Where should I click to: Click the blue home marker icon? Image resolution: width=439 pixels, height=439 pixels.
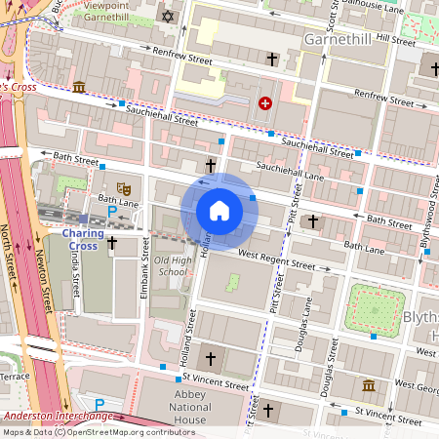(219, 211)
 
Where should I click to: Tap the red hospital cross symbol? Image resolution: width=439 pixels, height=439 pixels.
(264, 102)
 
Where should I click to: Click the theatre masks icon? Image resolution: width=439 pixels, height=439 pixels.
(124, 185)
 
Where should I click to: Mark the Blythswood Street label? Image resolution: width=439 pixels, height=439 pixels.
(425, 232)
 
